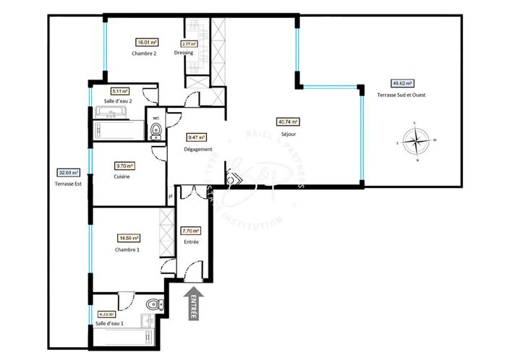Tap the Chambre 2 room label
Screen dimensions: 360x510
click(x=144, y=53)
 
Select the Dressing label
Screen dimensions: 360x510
click(x=184, y=53)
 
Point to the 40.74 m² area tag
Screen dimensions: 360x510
click(x=288, y=122)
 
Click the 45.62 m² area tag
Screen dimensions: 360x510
click(x=399, y=82)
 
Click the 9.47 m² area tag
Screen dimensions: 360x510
click(x=196, y=137)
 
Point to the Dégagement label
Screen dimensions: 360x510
click(x=197, y=149)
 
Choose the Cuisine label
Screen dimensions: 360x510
click(x=122, y=176)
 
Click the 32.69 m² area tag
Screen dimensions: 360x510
click(x=68, y=173)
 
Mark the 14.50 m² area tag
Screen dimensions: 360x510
click(x=129, y=238)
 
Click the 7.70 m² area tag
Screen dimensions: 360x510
click(x=191, y=231)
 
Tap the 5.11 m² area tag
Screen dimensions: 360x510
click(x=120, y=91)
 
